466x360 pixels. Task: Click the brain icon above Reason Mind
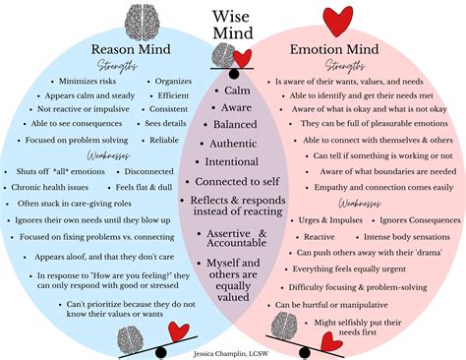click(134, 20)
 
